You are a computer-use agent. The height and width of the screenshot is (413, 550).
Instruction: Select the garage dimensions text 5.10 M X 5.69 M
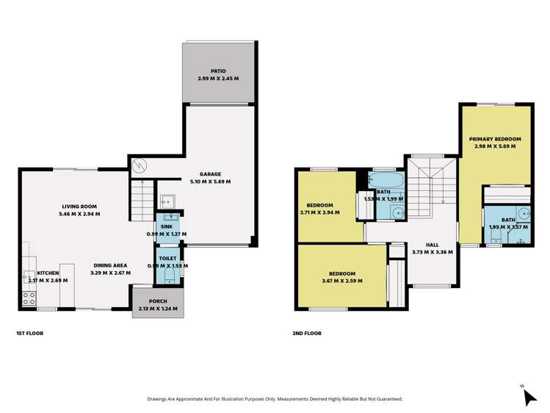click(x=210, y=182)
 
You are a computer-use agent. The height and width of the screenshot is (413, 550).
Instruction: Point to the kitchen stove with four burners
click(x=29, y=298)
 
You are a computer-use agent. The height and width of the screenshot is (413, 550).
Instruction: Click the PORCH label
click(x=159, y=301)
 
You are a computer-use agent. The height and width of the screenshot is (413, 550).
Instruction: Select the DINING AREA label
click(x=110, y=265)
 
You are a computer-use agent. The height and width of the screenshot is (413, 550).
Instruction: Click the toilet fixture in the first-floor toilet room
click(x=170, y=276)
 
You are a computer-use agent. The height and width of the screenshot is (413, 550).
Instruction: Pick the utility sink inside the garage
click(x=167, y=200)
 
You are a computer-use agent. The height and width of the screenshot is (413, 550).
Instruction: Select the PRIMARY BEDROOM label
click(x=496, y=139)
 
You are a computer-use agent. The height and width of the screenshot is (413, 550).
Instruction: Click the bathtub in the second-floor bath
click(x=384, y=180)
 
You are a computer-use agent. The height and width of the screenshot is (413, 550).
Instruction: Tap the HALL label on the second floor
click(x=433, y=244)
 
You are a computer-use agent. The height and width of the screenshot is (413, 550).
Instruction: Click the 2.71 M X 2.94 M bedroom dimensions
click(x=319, y=212)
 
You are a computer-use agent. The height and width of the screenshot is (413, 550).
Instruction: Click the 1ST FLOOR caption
click(x=29, y=333)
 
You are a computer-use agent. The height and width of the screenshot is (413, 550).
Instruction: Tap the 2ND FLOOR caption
click(x=307, y=333)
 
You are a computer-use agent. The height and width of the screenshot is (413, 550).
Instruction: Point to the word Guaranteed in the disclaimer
click(x=385, y=399)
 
